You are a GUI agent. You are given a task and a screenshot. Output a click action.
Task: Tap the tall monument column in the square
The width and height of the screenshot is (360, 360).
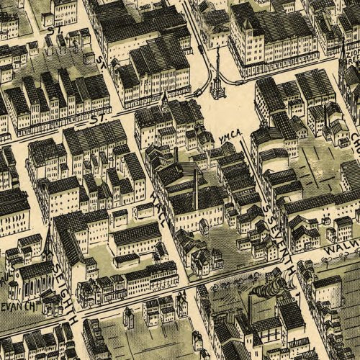[217, 79]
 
